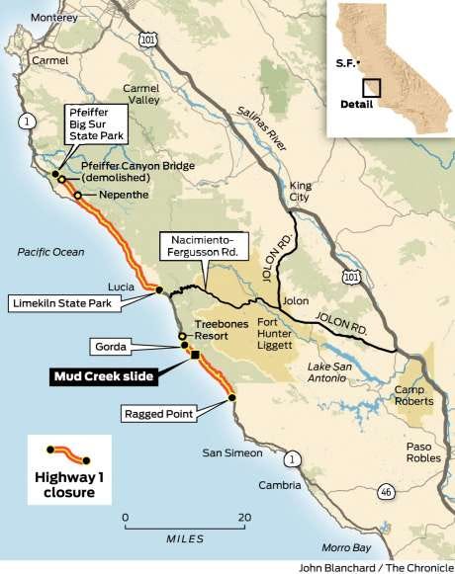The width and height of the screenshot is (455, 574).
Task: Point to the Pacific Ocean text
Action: tap(50, 252)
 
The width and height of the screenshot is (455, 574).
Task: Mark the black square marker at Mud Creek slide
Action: tap(195, 356)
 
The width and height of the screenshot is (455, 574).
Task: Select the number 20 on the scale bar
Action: tap(243, 517)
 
